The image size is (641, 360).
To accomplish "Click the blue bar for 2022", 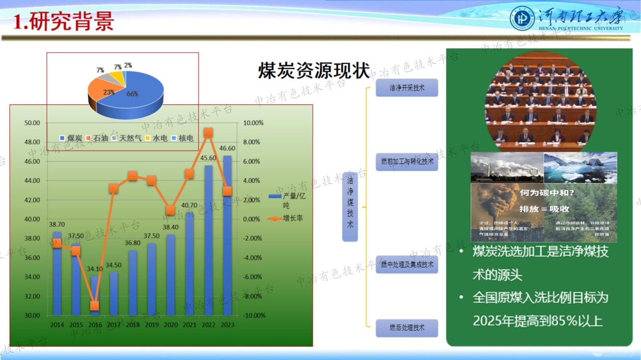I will click(x=208, y=240).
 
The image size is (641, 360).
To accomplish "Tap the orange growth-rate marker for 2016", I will click(x=95, y=306).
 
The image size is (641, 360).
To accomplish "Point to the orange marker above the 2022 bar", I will click(x=208, y=133).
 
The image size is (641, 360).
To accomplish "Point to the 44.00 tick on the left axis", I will click(x=32, y=181).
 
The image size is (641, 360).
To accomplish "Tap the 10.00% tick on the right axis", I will click(x=253, y=123).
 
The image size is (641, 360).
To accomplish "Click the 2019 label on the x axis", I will click(x=152, y=325).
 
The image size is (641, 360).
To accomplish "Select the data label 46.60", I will click(x=227, y=148).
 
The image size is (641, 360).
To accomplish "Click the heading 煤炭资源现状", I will click(x=314, y=71).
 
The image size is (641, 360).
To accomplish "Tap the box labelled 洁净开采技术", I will click(x=407, y=88).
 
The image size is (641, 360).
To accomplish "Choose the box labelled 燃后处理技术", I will click(x=407, y=328).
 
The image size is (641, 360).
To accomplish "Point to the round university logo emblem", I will click(x=522, y=19).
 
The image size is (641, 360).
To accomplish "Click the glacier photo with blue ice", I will click(x=580, y=167).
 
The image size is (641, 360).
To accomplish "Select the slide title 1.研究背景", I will click(x=63, y=21).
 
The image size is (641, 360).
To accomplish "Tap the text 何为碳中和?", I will click(x=546, y=193).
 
